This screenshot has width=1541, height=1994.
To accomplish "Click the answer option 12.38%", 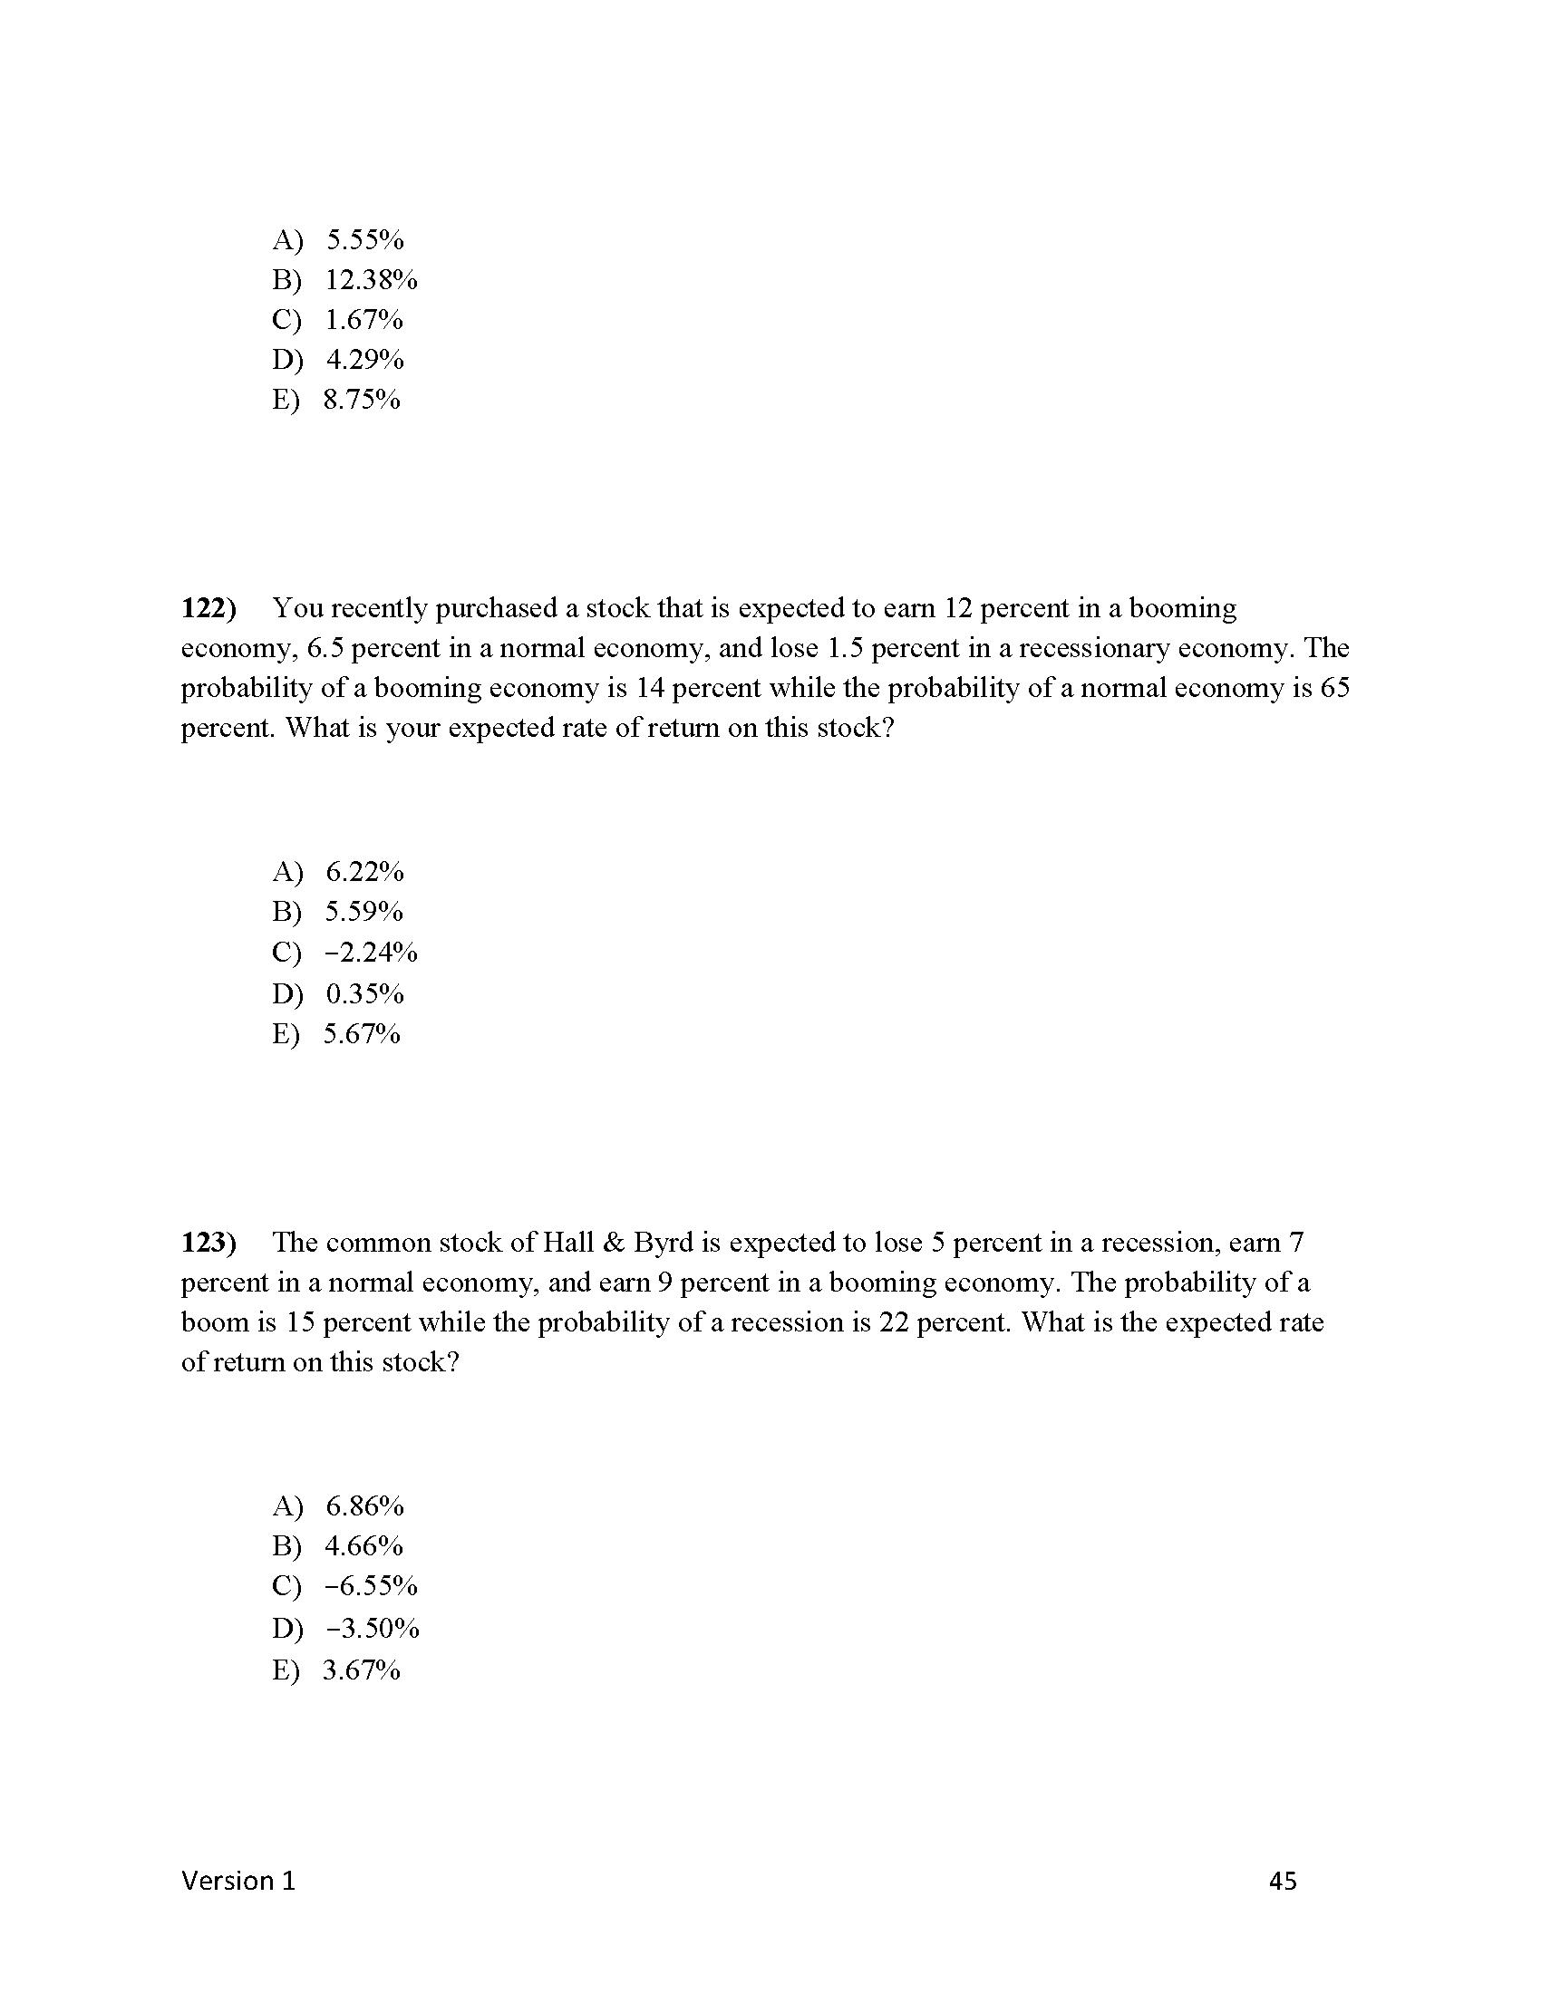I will click(x=371, y=280).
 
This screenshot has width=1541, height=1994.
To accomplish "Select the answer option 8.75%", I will click(x=362, y=400).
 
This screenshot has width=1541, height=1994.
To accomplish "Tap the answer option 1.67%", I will click(x=363, y=321).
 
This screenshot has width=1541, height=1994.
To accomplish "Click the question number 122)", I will click(x=208, y=608).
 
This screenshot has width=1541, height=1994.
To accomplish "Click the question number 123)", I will click(x=208, y=1243).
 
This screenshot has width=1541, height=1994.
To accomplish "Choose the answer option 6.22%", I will click(x=364, y=872).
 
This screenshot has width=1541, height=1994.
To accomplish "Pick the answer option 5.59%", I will click(x=363, y=912).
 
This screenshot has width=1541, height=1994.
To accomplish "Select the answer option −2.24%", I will click(x=371, y=953).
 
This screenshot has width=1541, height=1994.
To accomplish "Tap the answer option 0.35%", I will click(x=364, y=993).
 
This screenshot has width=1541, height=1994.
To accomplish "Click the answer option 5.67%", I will click(x=362, y=1033).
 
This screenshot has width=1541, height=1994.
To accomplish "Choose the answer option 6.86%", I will click(x=364, y=1505).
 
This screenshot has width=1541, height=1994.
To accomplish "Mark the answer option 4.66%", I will click(x=363, y=1545).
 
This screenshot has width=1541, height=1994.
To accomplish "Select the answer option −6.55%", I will click(x=371, y=1586).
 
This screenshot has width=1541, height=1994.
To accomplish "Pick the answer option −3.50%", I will click(x=372, y=1628).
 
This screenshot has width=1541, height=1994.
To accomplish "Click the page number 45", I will click(x=1283, y=1881).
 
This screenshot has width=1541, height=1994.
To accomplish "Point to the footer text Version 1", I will click(x=238, y=1881).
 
